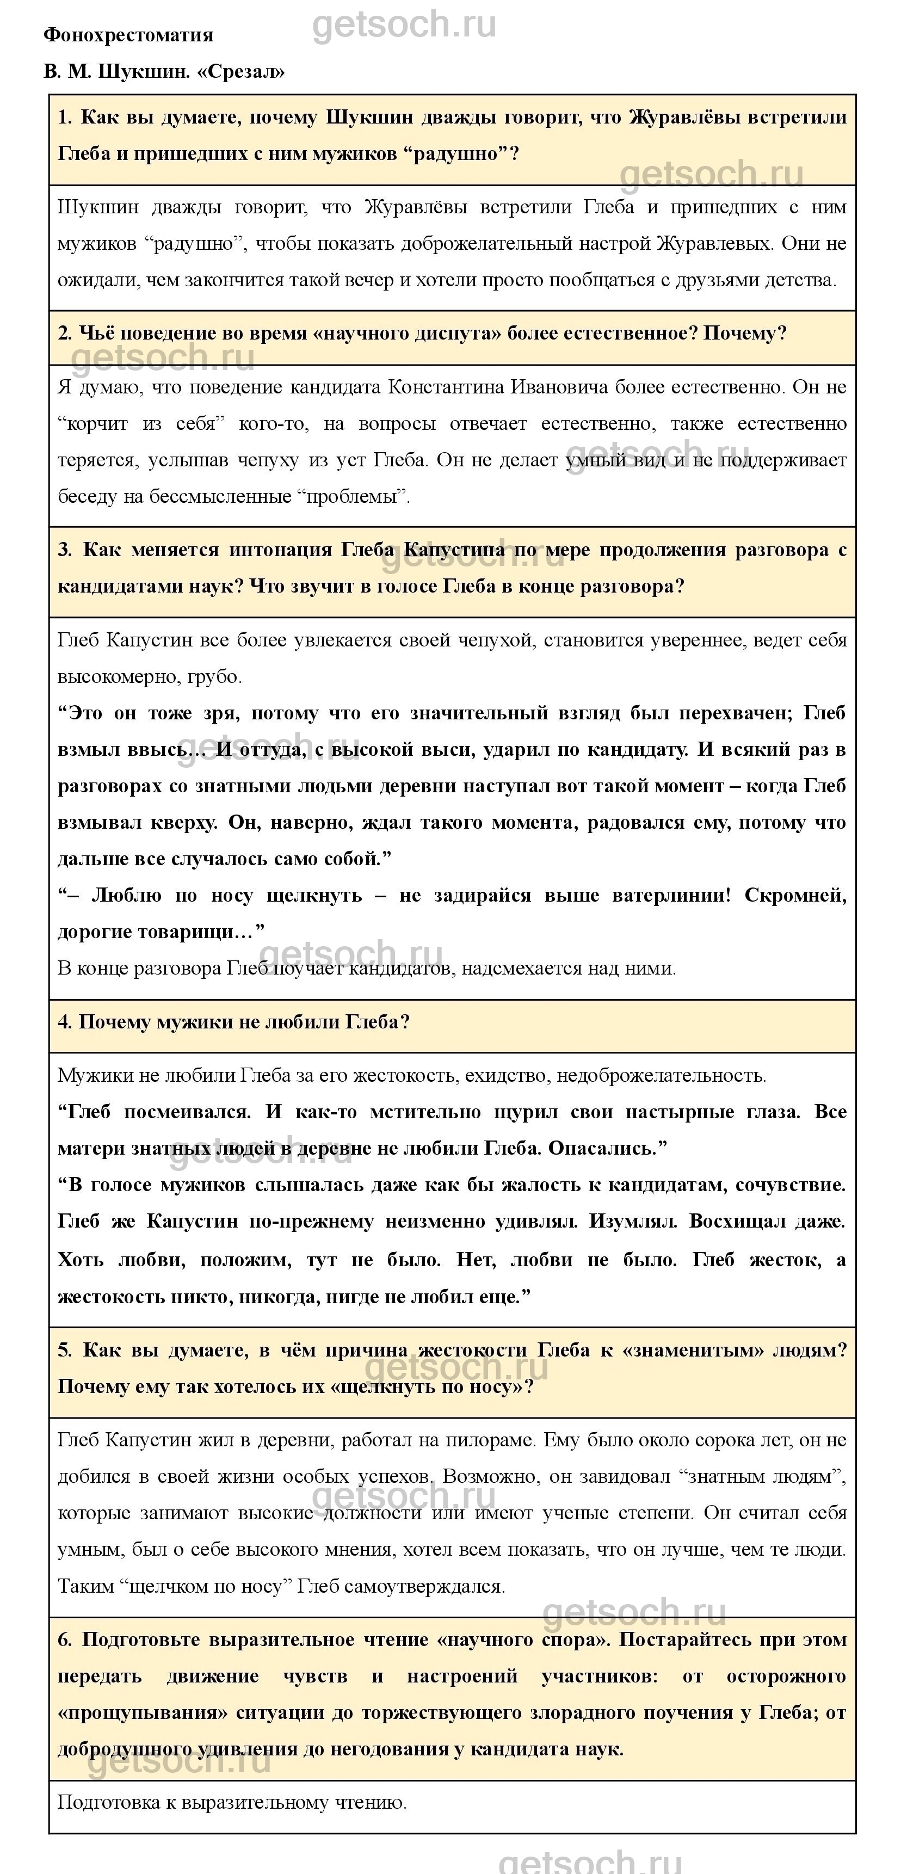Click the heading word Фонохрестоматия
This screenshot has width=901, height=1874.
[x=128, y=35]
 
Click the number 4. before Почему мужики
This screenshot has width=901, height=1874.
[x=65, y=1022]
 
